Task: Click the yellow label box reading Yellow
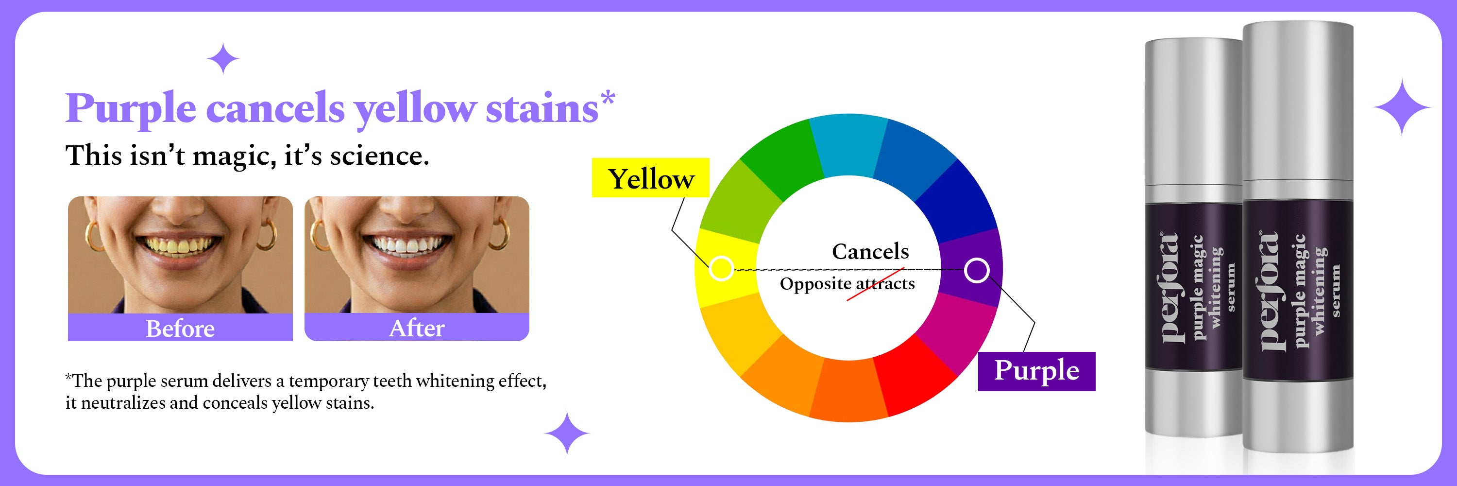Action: (650, 178)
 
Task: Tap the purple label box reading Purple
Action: (1036, 371)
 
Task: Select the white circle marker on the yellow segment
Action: (721, 268)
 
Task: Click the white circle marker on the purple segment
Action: (976, 270)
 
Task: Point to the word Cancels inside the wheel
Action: (870, 252)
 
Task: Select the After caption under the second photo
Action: (416, 328)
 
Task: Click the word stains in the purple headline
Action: (542, 109)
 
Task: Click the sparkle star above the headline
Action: (223, 59)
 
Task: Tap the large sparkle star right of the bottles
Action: (1401, 107)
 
